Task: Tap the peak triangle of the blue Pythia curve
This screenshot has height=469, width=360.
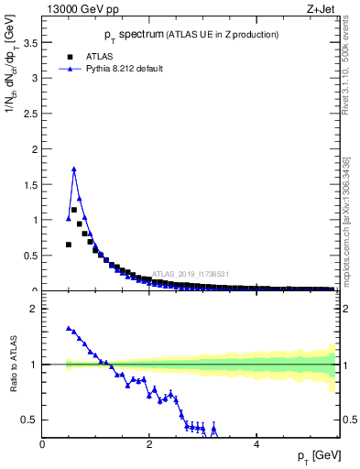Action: (x=74, y=169)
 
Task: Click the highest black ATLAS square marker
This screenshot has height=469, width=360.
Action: (x=74, y=210)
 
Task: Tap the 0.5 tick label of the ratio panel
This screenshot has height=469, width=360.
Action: (x=30, y=420)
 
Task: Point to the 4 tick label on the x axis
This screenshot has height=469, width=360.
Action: (x=256, y=444)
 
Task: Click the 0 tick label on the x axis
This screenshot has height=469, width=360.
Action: (x=43, y=444)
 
